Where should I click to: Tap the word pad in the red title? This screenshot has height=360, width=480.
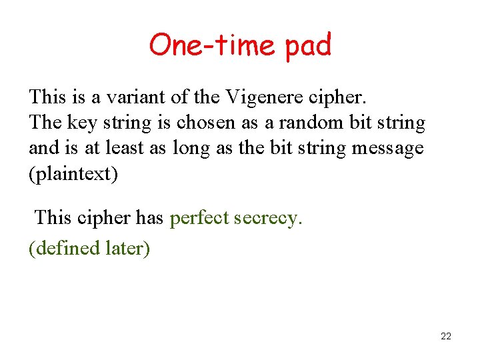[x=307, y=45]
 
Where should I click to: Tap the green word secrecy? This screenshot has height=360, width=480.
[x=268, y=217]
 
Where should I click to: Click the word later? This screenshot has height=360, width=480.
[x=127, y=248]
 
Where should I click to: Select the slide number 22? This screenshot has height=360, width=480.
[x=446, y=336]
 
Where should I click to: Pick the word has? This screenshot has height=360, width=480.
[x=149, y=217]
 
